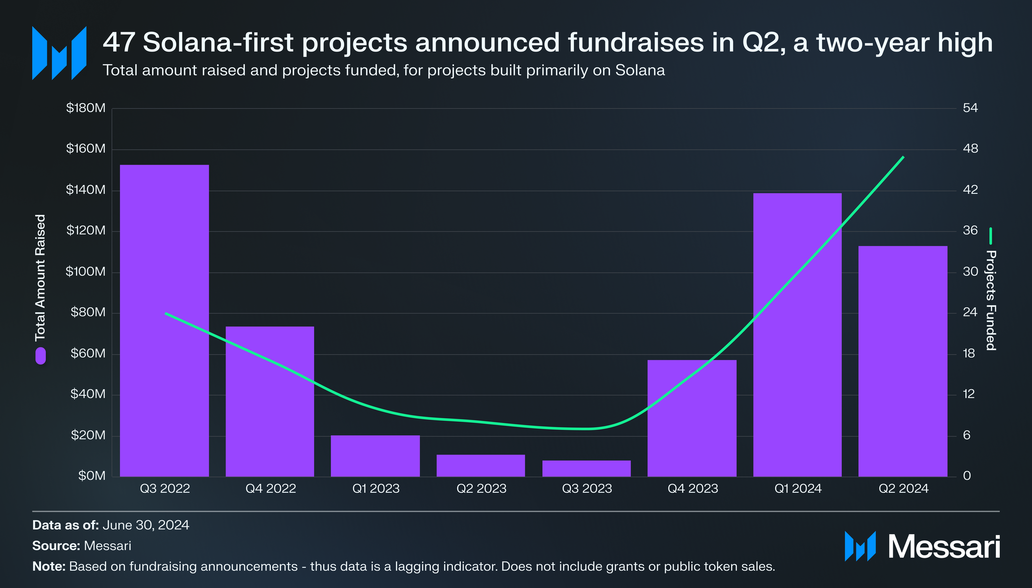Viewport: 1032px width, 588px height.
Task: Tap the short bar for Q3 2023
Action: tap(586, 469)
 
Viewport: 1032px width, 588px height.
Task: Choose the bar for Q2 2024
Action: tap(903, 361)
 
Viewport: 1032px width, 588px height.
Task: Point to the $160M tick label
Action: tap(86, 149)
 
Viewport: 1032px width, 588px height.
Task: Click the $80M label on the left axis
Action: tap(88, 313)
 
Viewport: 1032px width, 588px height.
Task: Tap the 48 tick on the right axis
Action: tap(970, 149)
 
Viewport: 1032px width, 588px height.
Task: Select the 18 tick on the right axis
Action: tap(968, 354)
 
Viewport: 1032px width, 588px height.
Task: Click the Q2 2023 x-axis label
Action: tap(481, 489)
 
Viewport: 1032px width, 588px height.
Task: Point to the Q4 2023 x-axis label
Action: tap(692, 489)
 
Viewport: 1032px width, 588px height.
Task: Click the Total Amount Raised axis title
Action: tap(40, 277)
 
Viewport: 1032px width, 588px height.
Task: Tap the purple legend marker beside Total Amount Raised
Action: tap(40, 356)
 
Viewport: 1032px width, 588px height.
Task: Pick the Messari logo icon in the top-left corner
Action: tap(59, 53)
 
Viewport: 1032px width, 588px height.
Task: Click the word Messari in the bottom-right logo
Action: tap(944, 547)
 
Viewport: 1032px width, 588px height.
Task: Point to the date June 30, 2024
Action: tap(146, 525)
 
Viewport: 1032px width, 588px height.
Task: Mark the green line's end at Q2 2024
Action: tap(903, 157)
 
